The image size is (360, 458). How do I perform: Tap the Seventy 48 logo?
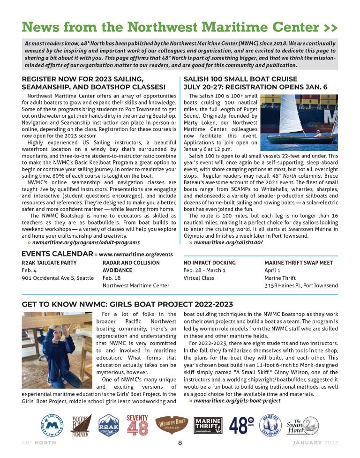137,425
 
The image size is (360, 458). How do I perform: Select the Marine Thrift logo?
208,426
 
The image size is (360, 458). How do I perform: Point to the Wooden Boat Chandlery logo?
172,425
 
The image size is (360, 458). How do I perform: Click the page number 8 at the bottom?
180,443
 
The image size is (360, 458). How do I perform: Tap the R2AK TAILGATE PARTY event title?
49,263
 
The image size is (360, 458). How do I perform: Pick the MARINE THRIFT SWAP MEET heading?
299,263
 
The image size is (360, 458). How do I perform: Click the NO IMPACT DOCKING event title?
210,263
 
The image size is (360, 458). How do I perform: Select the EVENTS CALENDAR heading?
57,254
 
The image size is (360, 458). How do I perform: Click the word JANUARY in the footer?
307,443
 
